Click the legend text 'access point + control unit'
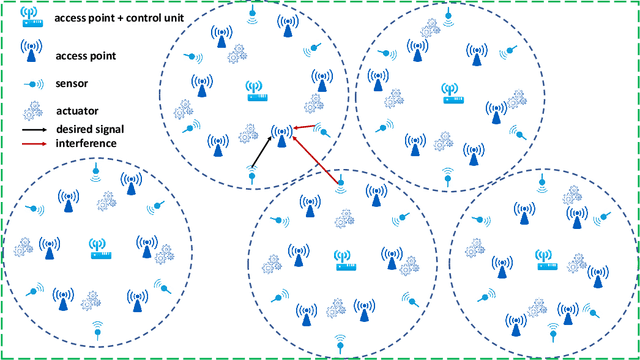111,17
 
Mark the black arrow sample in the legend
34,129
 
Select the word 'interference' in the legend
86,143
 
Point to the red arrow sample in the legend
34,143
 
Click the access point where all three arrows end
283,133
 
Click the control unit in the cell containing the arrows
258,93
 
